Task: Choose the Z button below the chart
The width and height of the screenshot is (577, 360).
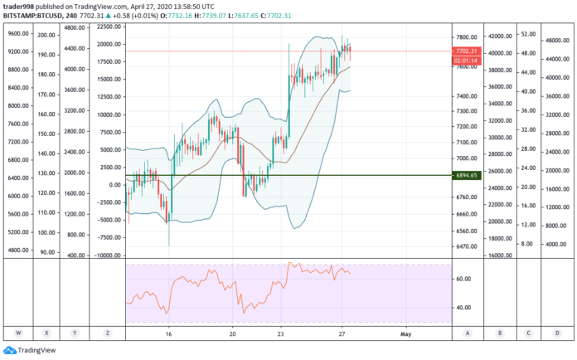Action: tap(108, 333)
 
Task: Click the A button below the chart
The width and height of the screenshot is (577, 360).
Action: tap(468, 333)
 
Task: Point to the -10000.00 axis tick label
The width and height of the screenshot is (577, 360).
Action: tap(107, 255)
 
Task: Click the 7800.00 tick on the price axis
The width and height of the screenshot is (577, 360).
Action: tap(466, 36)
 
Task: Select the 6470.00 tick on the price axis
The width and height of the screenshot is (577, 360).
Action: tap(466, 246)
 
